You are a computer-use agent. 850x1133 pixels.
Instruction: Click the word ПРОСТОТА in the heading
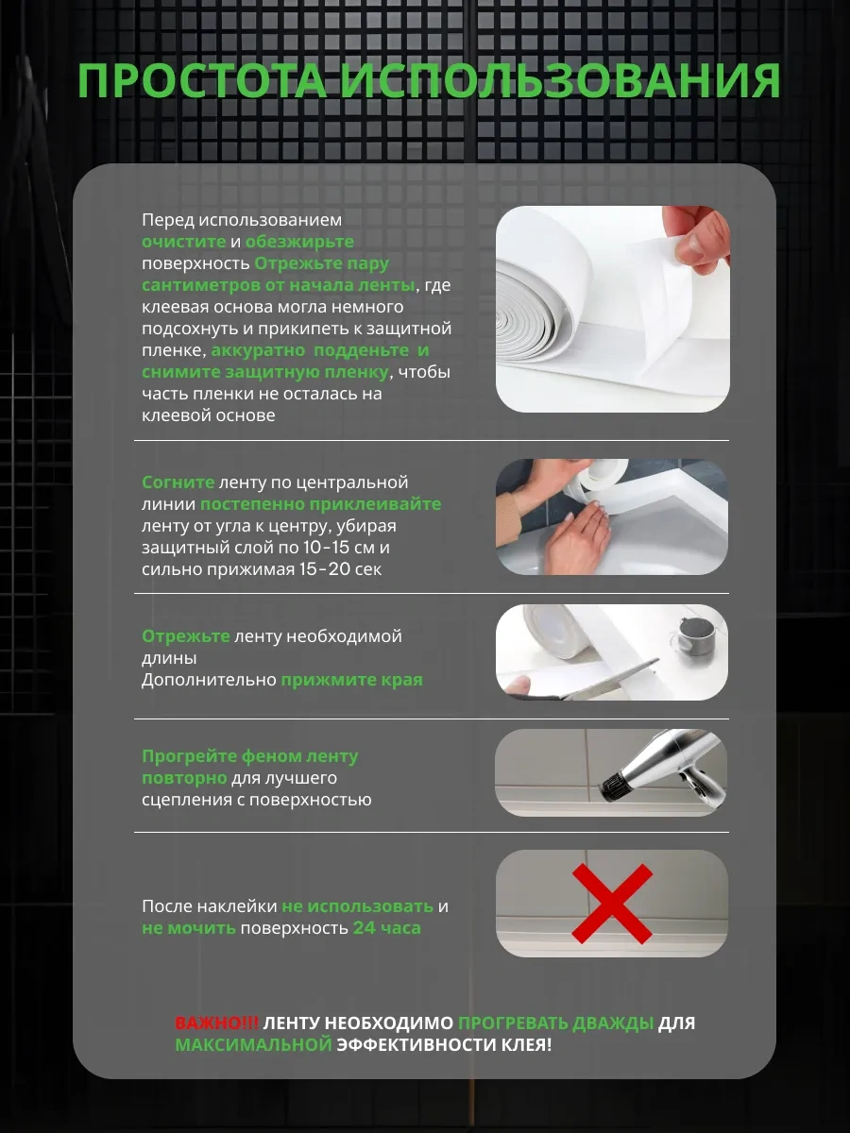[x=202, y=81]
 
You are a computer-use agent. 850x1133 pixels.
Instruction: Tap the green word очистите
[x=184, y=242]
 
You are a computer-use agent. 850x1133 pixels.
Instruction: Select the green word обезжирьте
[x=299, y=242]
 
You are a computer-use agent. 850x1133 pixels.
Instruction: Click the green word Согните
[x=178, y=482]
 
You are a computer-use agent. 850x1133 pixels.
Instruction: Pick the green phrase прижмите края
[x=351, y=680]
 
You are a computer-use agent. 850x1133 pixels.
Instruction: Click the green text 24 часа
[x=386, y=928]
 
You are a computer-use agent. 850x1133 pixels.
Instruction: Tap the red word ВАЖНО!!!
[x=217, y=1023]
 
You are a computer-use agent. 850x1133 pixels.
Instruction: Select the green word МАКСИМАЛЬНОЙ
[x=253, y=1044]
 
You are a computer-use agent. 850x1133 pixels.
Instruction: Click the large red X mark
[x=612, y=904]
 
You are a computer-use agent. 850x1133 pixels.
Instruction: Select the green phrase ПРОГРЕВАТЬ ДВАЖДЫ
[x=556, y=1023]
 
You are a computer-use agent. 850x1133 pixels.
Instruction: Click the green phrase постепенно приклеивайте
[x=320, y=504]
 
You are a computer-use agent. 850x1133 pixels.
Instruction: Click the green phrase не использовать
[x=357, y=906]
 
